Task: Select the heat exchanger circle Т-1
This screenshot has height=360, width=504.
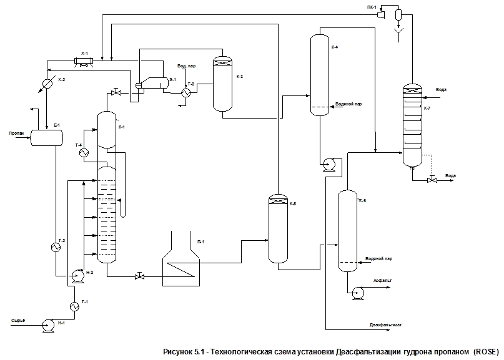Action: click(x=74, y=306)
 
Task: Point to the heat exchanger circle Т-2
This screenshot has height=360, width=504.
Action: click(x=56, y=247)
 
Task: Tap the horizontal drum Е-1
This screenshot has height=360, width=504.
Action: click(x=47, y=137)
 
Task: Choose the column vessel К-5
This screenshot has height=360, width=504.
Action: click(x=277, y=228)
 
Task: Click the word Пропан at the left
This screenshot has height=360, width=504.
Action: click(x=16, y=133)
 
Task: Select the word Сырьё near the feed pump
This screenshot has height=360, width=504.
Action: click(x=17, y=320)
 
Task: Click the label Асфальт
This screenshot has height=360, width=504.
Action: click(x=382, y=281)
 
